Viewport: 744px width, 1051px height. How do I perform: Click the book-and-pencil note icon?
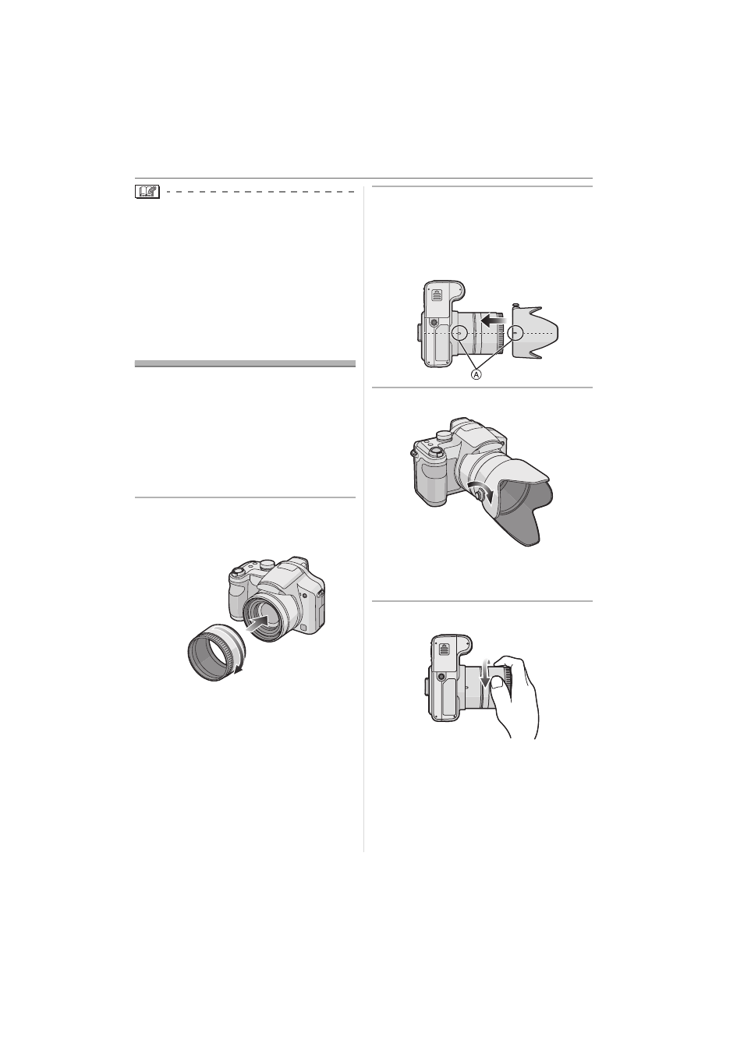147,192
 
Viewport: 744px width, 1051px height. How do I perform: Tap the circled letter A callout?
476,374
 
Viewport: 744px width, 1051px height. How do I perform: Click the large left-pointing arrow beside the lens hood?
494,320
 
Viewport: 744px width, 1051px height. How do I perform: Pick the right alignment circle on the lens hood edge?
515,332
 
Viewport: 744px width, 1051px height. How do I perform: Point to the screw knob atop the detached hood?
515,306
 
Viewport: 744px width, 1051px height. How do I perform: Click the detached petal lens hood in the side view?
534,331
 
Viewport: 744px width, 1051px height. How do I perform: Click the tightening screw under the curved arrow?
479,495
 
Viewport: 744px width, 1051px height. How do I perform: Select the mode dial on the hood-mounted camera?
443,437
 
